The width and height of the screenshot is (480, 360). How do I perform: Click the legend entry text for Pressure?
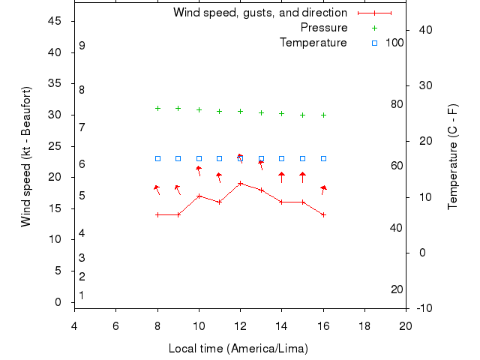pyautogui.click(x=324, y=28)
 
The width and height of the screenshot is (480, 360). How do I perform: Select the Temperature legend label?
pyautogui.click(x=313, y=43)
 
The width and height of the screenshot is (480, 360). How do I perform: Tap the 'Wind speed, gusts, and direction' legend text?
pyautogui.click(x=260, y=13)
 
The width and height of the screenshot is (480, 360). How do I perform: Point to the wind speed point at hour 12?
pyautogui.click(x=240, y=183)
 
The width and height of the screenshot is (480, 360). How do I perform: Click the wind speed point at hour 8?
pyautogui.click(x=157, y=214)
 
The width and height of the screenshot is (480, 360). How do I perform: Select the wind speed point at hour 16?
pyautogui.click(x=323, y=214)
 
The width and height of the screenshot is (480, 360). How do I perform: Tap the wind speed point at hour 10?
pyautogui.click(x=199, y=196)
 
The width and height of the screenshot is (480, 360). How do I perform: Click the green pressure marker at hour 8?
pyautogui.click(x=157, y=108)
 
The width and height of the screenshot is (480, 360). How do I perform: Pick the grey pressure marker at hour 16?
pyautogui.click(x=323, y=115)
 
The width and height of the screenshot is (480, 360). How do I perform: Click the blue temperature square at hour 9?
pyautogui.click(x=178, y=158)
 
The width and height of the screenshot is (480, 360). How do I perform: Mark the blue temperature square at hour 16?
pyautogui.click(x=323, y=158)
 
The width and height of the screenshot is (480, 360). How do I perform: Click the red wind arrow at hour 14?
pyautogui.click(x=281, y=178)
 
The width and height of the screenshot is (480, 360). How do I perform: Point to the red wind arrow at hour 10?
pyautogui.click(x=199, y=171)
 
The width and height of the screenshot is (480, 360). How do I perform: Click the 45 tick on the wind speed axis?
pyautogui.click(x=55, y=21)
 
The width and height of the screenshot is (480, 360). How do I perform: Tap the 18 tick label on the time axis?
pyautogui.click(x=364, y=325)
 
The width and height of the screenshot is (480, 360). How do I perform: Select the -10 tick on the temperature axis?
pyautogui.click(x=423, y=307)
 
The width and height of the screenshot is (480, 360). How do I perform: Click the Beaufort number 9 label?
pyautogui.click(x=82, y=46)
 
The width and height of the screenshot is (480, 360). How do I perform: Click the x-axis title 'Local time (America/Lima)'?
pyautogui.click(x=238, y=349)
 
